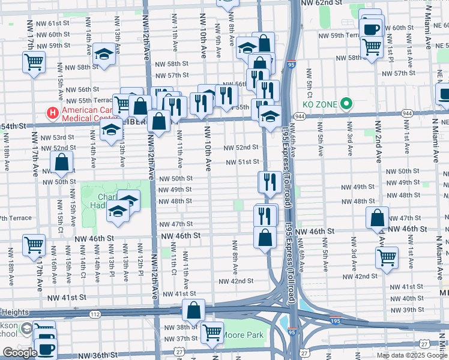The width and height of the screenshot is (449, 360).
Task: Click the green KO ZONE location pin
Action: [x=346, y=104]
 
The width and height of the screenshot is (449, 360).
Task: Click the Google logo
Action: [x=20, y=353]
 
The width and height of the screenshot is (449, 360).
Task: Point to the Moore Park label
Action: [x=243, y=334]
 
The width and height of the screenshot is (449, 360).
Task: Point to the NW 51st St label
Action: [x=242, y=162]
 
